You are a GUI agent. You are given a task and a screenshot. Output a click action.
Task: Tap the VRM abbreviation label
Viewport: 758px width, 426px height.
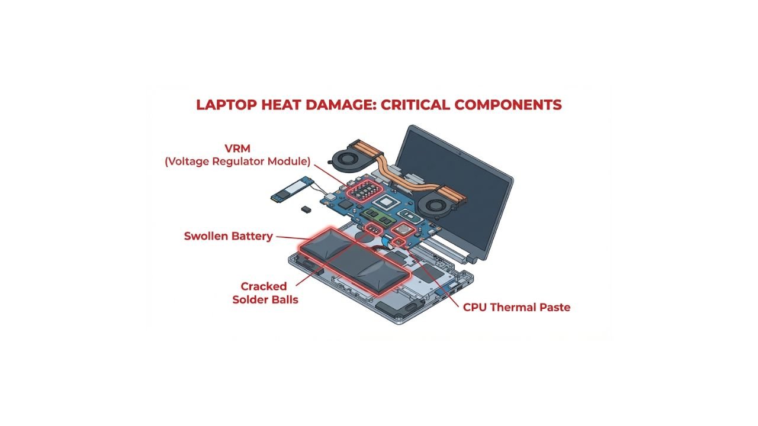(x=237, y=148)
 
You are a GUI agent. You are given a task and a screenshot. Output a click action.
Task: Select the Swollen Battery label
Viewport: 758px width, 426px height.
(x=228, y=236)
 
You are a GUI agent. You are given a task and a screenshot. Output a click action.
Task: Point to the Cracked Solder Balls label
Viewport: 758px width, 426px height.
(x=265, y=293)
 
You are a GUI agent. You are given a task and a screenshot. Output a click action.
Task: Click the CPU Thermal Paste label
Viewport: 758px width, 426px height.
(x=516, y=307)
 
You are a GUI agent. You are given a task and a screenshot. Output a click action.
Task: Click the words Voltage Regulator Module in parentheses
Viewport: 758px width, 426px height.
(x=237, y=161)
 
